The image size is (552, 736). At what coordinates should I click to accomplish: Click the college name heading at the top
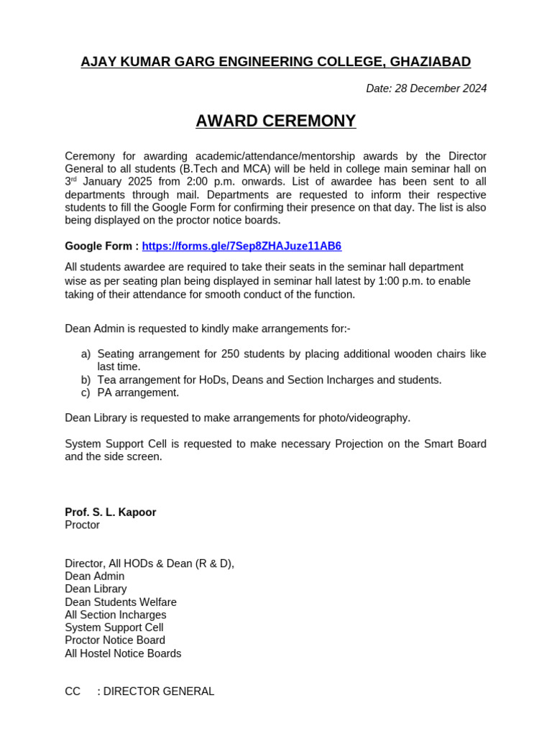(x=275, y=62)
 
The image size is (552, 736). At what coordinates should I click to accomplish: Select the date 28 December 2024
(x=441, y=88)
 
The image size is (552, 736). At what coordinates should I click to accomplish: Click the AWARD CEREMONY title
(x=275, y=121)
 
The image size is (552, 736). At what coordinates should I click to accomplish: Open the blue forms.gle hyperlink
(x=241, y=246)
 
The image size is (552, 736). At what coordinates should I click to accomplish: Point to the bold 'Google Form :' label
(x=101, y=246)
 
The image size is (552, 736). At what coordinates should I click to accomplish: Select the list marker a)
(x=86, y=354)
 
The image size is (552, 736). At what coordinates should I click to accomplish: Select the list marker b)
(x=86, y=379)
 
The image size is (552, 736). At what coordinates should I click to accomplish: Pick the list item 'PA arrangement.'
(x=138, y=392)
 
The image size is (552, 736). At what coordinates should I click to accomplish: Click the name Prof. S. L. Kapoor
(x=110, y=512)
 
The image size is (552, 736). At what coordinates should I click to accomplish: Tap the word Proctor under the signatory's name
(x=82, y=525)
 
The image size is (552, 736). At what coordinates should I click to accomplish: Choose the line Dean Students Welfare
(x=120, y=602)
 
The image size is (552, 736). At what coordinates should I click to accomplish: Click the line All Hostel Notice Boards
(x=123, y=653)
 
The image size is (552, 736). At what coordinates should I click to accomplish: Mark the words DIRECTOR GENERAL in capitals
(x=159, y=691)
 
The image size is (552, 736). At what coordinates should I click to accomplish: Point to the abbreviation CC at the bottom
(x=73, y=691)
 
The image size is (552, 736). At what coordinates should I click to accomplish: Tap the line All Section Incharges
(x=115, y=615)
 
